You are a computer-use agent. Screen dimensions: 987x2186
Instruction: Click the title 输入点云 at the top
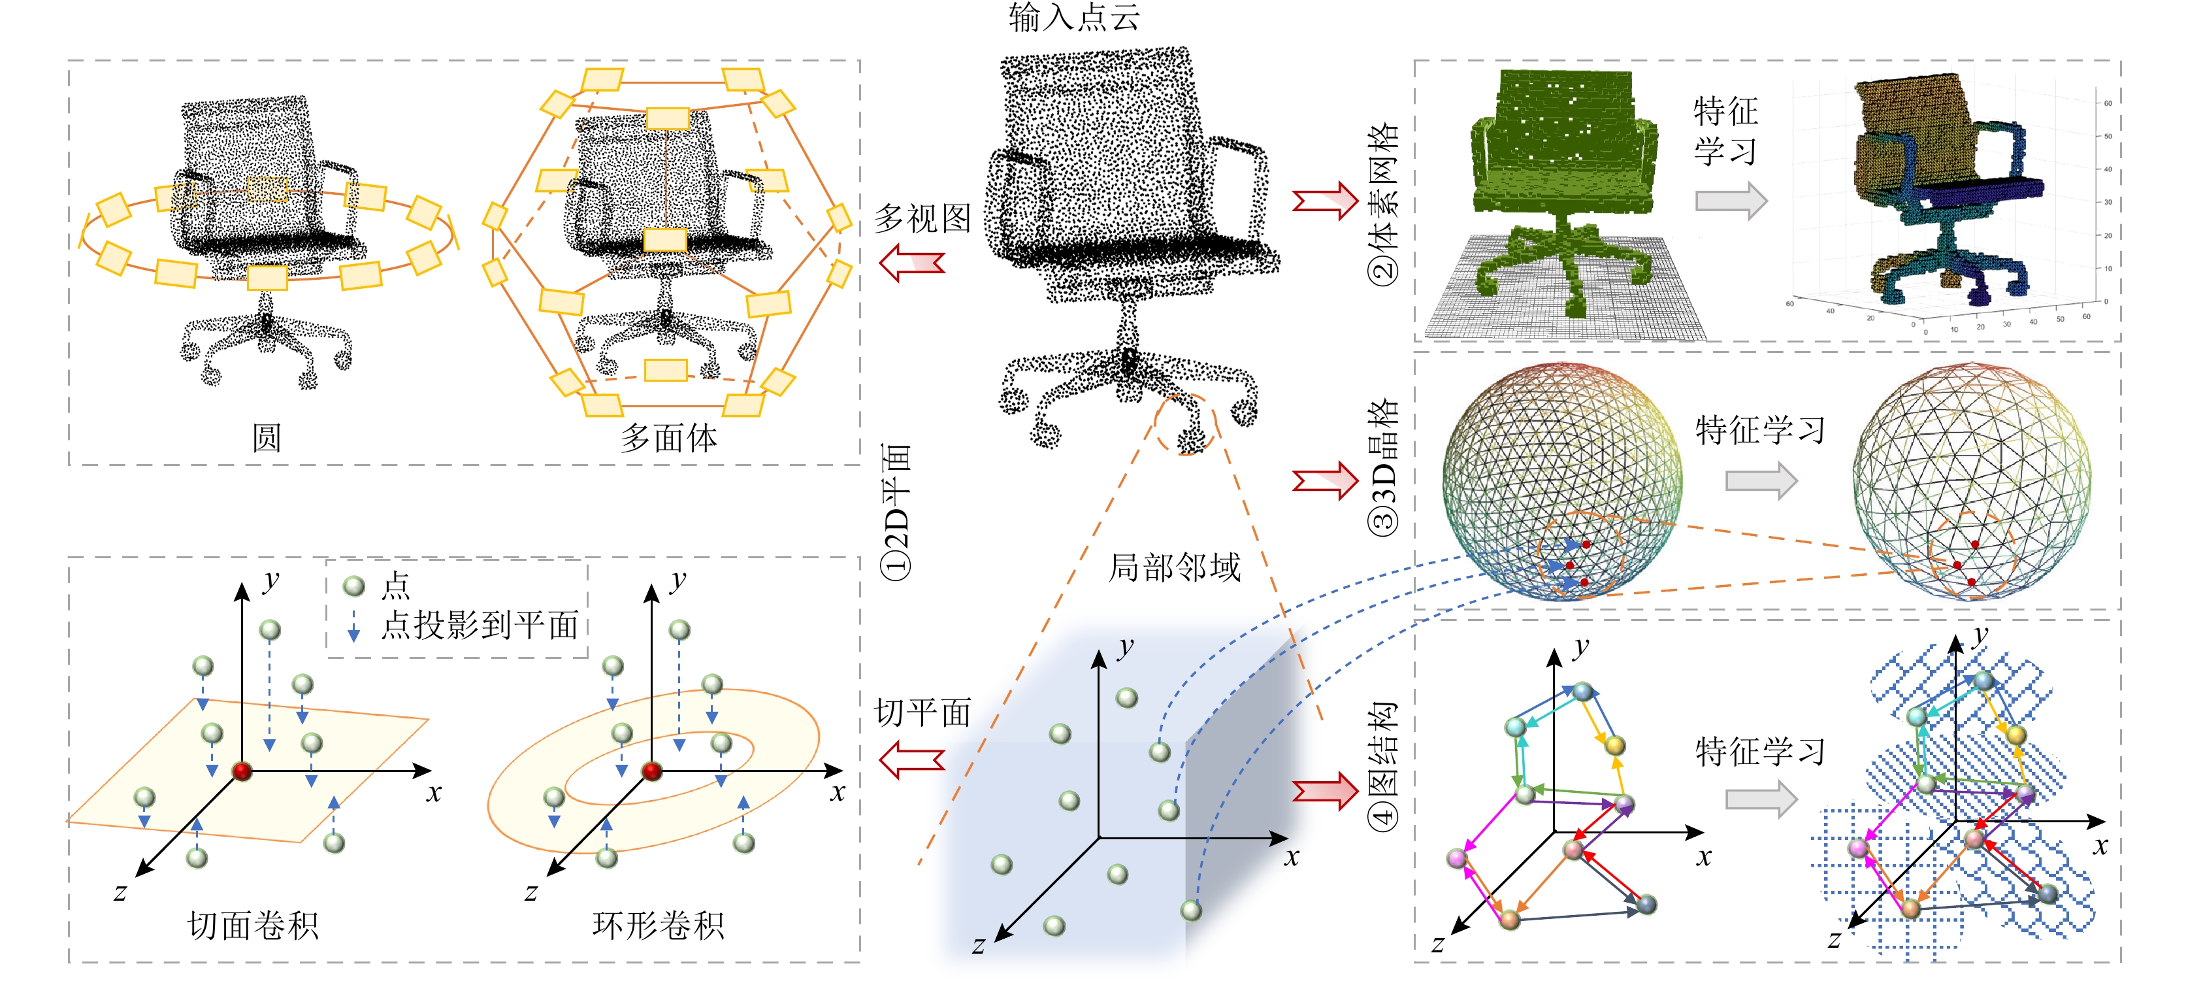1073,17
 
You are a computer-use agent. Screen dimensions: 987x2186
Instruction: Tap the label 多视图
922,218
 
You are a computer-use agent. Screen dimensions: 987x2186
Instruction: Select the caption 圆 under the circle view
267,438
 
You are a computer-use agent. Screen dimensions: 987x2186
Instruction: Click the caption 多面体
669,438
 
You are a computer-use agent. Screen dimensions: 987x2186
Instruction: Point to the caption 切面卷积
253,925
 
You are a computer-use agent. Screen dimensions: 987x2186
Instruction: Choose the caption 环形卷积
658,925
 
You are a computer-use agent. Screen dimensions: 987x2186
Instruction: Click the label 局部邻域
1175,567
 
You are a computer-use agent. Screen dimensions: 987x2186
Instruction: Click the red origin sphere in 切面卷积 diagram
242,771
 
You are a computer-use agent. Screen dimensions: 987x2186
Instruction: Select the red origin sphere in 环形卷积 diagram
652,771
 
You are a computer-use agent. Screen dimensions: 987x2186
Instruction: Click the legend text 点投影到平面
480,626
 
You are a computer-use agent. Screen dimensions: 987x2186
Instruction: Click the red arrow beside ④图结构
1325,791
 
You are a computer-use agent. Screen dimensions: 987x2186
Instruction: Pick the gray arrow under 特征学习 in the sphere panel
1761,481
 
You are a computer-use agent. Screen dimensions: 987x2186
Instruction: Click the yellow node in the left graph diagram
1614,745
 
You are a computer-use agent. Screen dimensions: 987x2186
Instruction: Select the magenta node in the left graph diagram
1457,859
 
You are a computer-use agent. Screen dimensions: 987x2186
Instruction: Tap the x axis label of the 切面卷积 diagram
434,794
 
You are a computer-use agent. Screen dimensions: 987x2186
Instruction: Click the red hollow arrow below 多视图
912,262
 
